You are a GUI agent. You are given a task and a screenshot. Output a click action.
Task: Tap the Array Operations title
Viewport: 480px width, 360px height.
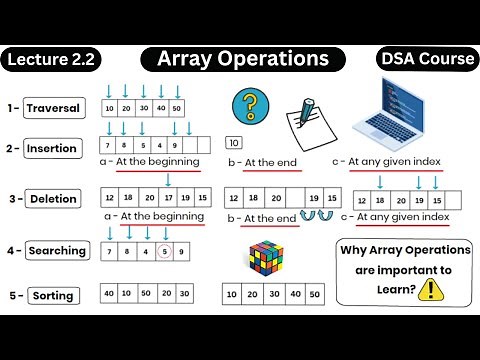click(x=243, y=60)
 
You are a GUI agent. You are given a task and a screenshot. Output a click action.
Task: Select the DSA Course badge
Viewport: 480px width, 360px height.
click(x=427, y=60)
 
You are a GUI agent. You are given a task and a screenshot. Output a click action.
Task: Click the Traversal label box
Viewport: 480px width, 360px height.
click(x=52, y=108)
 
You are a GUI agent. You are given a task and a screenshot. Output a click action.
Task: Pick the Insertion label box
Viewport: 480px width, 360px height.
click(x=52, y=148)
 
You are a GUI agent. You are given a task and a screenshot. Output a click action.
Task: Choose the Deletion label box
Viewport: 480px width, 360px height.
click(x=52, y=198)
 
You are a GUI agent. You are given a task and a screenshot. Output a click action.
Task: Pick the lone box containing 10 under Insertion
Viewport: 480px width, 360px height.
click(x=236, y=142)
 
